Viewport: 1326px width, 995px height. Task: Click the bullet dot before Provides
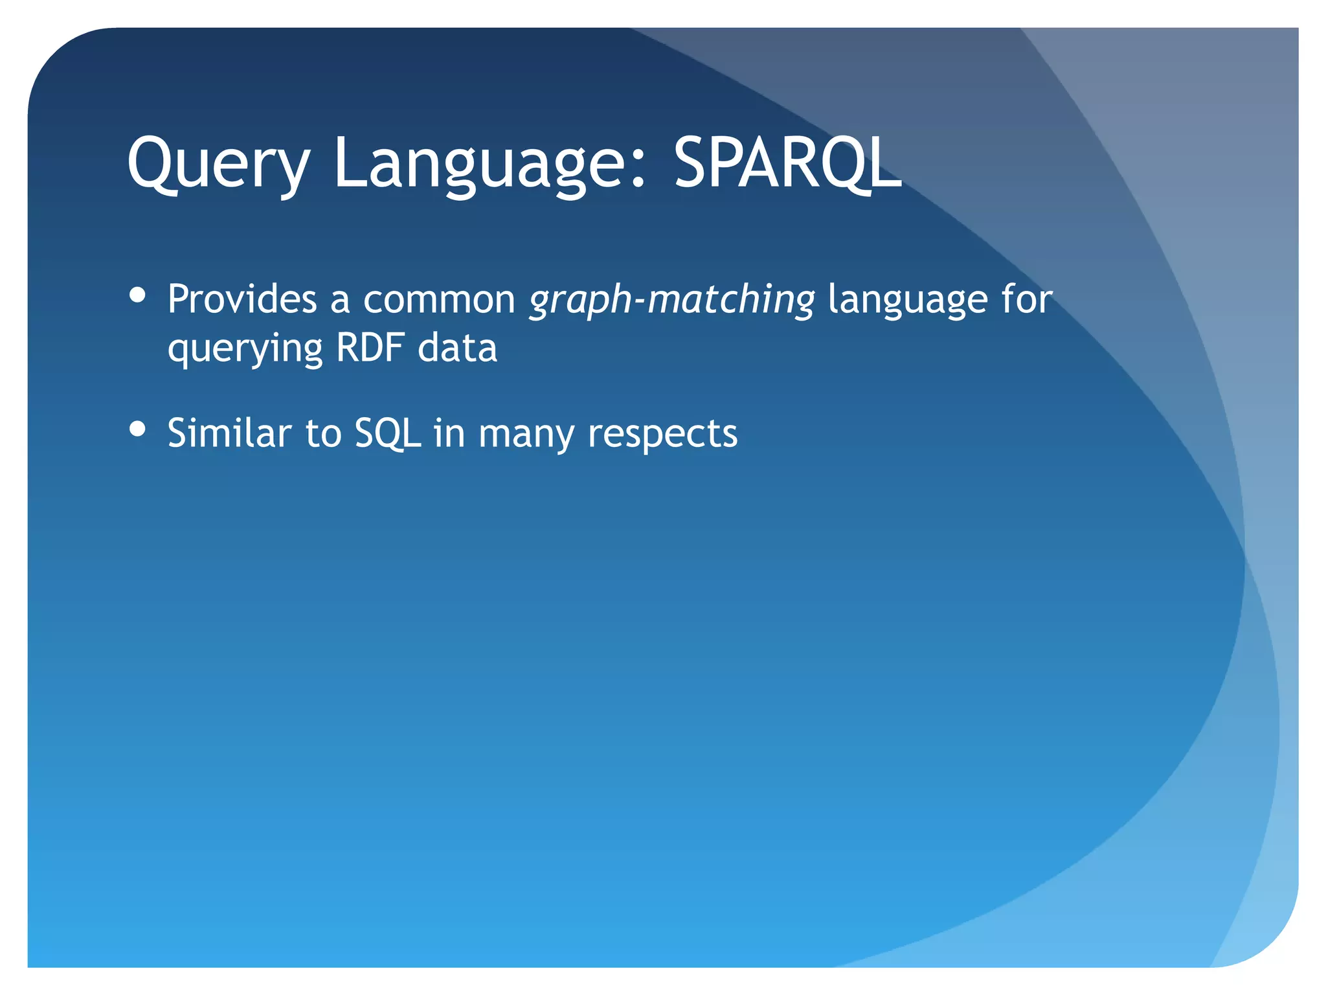pyautogui.click(x=137, y=295)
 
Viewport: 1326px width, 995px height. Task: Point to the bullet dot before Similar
pyautogui.click(x=137, y=429)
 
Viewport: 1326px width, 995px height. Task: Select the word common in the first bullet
pyautogui.click(x=438, y=299)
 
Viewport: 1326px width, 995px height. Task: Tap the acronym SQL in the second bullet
pyautogui.click(x=387, y=433)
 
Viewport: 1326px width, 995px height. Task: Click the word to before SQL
pyautogui.click(x=322, y=433)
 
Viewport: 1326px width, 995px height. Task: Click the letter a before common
pyautogui.click(x=340, y=301)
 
